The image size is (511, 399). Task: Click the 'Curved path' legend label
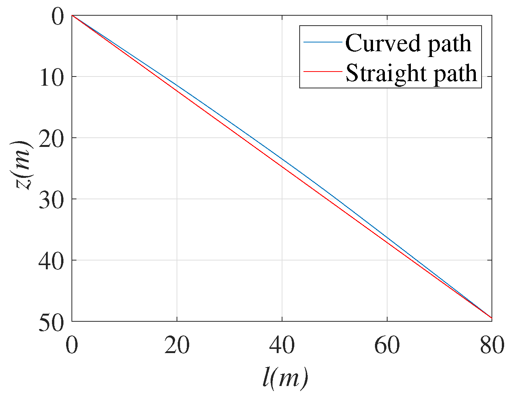[x=408, y=43]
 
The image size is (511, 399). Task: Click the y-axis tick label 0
[x=57, y=17]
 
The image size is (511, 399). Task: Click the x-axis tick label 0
[x=72, y=345]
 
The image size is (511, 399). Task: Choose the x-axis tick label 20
[x=177, y=345]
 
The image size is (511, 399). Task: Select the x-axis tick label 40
[x=282, y=345]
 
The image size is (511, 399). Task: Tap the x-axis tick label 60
[x=387, y=345]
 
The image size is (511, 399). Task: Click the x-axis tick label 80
[x=492, y=345]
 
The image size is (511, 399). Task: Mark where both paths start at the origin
[x=72, y=15]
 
